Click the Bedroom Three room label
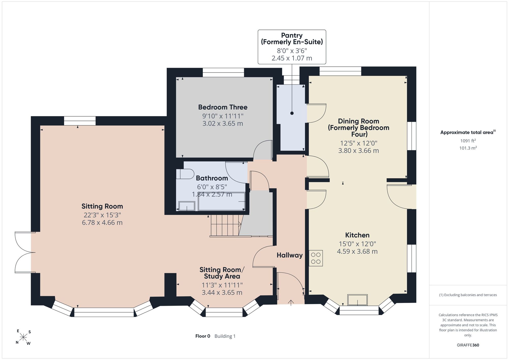223,107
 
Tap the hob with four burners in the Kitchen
316,258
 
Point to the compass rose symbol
23,337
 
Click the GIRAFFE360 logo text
468,345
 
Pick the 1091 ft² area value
468,141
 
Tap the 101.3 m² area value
468,148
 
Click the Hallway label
290,255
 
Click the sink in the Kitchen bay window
358,300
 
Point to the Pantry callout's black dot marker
292,113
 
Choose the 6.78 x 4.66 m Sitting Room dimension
102,223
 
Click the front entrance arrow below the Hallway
291,302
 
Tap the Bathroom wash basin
187,206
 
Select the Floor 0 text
203,336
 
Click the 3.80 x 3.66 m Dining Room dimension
358,151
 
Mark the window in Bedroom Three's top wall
223,73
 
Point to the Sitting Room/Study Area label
222,273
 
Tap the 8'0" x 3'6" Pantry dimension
292,51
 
